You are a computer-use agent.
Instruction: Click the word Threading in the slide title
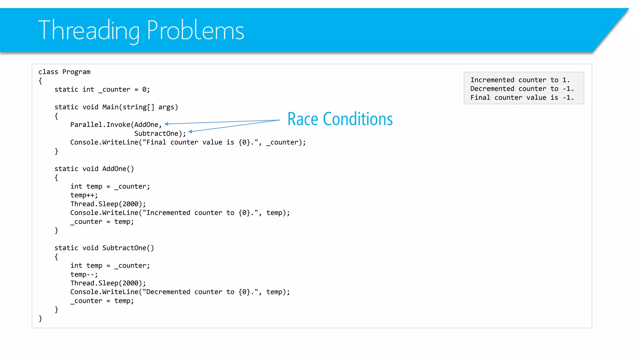pyautogui.click(x=89, y=30)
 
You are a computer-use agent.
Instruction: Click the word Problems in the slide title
pyautogui.click(x=195, y=30)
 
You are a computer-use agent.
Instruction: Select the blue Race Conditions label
pyautogui.click(x=340, y=119)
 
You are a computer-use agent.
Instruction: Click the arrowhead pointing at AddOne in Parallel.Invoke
pyautogui.click(x=167, y=124)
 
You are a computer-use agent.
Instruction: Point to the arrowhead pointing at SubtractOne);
pyautogui.click(x=190, y=132)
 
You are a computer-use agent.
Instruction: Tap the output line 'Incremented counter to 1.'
pyautogui.click(x=520, y=80)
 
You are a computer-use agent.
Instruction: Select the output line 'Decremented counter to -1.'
pyautogui.click(x=522, y=89)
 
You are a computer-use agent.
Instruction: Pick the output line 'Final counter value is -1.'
pyautogui.click(x=522, y=97)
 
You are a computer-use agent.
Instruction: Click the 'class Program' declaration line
pyautogui.click(x=64, y=72)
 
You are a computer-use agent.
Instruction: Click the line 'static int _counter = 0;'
pyautogui.click(x=102, y=90)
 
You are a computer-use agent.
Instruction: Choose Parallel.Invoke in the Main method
pyautogui.click(x=100, y=125)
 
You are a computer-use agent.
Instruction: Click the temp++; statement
pyautogui.click(x=84, y=195)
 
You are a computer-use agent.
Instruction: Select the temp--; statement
pyautogui.click(x=84, y=274)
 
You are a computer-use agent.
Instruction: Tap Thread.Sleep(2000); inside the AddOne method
pyautogui.click(x=108, y=204)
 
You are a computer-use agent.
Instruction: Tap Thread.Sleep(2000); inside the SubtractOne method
pyautogui.click(x=108, y=283)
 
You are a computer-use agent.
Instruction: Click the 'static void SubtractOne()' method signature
pyautogui.click(x=104, y=248)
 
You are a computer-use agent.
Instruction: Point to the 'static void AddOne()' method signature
pyautogui.click(x=94, y=169)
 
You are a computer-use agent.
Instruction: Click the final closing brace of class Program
pyautogui.click(x=40, y=318)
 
